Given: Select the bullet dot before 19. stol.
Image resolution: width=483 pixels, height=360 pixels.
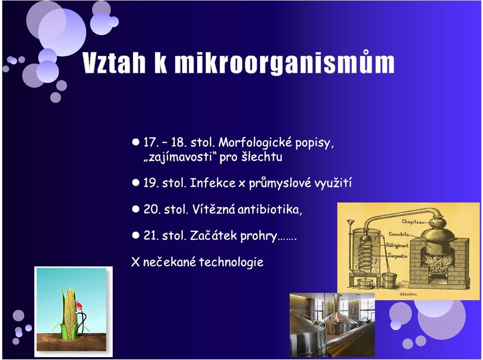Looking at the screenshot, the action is tap(135, 183).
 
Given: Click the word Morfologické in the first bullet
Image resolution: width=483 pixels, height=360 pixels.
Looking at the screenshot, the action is tap(255, 143).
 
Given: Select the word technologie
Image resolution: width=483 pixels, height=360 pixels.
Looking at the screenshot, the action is tap(231, 262).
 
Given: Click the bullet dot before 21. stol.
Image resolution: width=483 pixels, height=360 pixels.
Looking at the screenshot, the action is tap(135, 235).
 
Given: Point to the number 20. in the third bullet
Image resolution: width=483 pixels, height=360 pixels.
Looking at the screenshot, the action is tap(151, 210).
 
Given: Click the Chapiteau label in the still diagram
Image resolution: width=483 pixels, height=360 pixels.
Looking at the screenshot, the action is tap(413, 222).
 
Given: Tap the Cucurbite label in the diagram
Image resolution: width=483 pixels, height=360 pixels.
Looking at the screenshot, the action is tap(398, 234).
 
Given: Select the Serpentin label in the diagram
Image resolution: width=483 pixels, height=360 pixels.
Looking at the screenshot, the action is tap(397, 255).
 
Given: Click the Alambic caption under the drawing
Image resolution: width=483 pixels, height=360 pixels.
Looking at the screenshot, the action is tap(408, 294).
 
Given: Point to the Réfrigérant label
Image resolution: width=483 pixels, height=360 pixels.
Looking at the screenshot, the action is tap(397, 245).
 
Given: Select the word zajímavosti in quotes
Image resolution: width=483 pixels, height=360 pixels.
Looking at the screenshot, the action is tap(178, 157).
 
